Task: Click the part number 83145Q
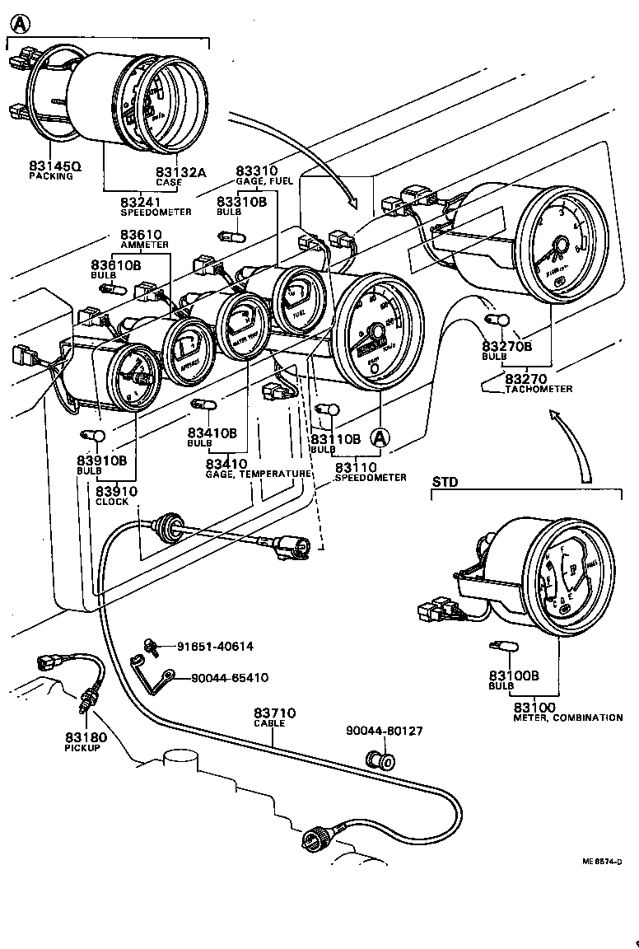tap(54, 166)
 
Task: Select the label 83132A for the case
tap(180, 171)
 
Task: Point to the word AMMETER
tap(144, 245)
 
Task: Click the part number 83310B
tap(241, 202)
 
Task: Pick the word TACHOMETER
tap(539, 389)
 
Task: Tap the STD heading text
tap(445, 481)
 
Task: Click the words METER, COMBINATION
tap(568, 718)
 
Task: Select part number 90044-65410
tap(229, 678)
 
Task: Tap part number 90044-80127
tap(383, 730)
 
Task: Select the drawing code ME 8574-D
tap(601, 862)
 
